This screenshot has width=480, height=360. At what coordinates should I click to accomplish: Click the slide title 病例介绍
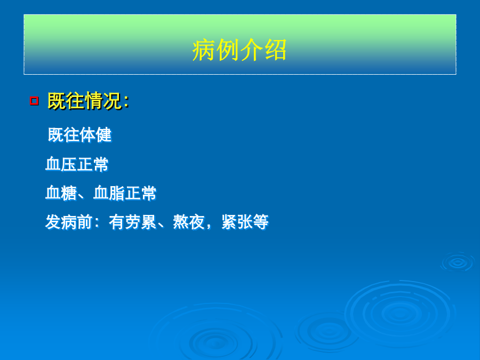point(239,50)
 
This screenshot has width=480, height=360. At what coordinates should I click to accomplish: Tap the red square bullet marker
point(34,101)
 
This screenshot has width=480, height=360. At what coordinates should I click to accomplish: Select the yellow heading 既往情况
point(85,101)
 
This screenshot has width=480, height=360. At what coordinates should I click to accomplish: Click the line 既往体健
point(80,135)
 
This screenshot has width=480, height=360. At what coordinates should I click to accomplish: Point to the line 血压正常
point(77,164)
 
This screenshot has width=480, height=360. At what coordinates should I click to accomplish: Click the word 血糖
point(61,193)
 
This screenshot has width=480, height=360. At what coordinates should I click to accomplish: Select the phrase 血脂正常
point(125,193)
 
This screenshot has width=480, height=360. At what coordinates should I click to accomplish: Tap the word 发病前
point(69,222)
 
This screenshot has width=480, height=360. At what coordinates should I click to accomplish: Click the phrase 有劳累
point(133,222)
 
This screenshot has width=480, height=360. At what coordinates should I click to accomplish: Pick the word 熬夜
point(189,222)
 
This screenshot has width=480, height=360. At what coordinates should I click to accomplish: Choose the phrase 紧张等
point(245,222)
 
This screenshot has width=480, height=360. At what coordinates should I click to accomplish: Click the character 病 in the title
point(204,50)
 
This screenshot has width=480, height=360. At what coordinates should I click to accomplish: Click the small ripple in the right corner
point(458,262)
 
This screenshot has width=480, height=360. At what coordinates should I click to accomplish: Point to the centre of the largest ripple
point(399,313)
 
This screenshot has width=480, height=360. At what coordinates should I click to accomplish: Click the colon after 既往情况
point(126,102)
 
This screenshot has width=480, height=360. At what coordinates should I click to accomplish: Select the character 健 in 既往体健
point(104,135)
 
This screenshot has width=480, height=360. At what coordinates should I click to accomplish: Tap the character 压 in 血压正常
point(69,164)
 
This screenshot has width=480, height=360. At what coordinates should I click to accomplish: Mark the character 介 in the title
point(251,50)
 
